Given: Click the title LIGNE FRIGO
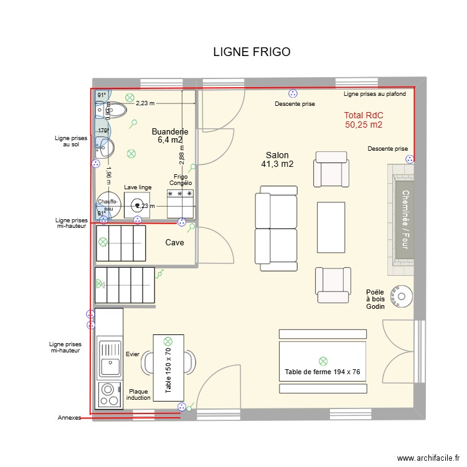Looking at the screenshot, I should [x=252, y=52].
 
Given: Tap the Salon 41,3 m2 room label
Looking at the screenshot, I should [x=278, y=159].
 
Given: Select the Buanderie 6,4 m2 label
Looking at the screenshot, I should [x=169, y=136].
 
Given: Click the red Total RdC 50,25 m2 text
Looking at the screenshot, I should [x=364, y=120].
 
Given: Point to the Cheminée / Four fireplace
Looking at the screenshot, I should [x=405, y=220].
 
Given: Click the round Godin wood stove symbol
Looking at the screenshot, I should [x=399, y=295].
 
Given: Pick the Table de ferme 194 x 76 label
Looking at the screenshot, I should [x=323, y=372].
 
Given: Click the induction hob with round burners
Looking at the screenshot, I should [x=109, y=394].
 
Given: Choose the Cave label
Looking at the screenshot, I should [x=174, y=243].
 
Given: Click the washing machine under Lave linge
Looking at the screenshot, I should [x=137, y=204].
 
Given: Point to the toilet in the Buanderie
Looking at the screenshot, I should [x=115, y=111].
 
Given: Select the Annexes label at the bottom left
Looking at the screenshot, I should [x=69, y=418].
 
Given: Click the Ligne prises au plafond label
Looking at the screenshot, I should [x=375, y=94].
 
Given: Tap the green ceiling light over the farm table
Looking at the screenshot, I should [x=323, y=361].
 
